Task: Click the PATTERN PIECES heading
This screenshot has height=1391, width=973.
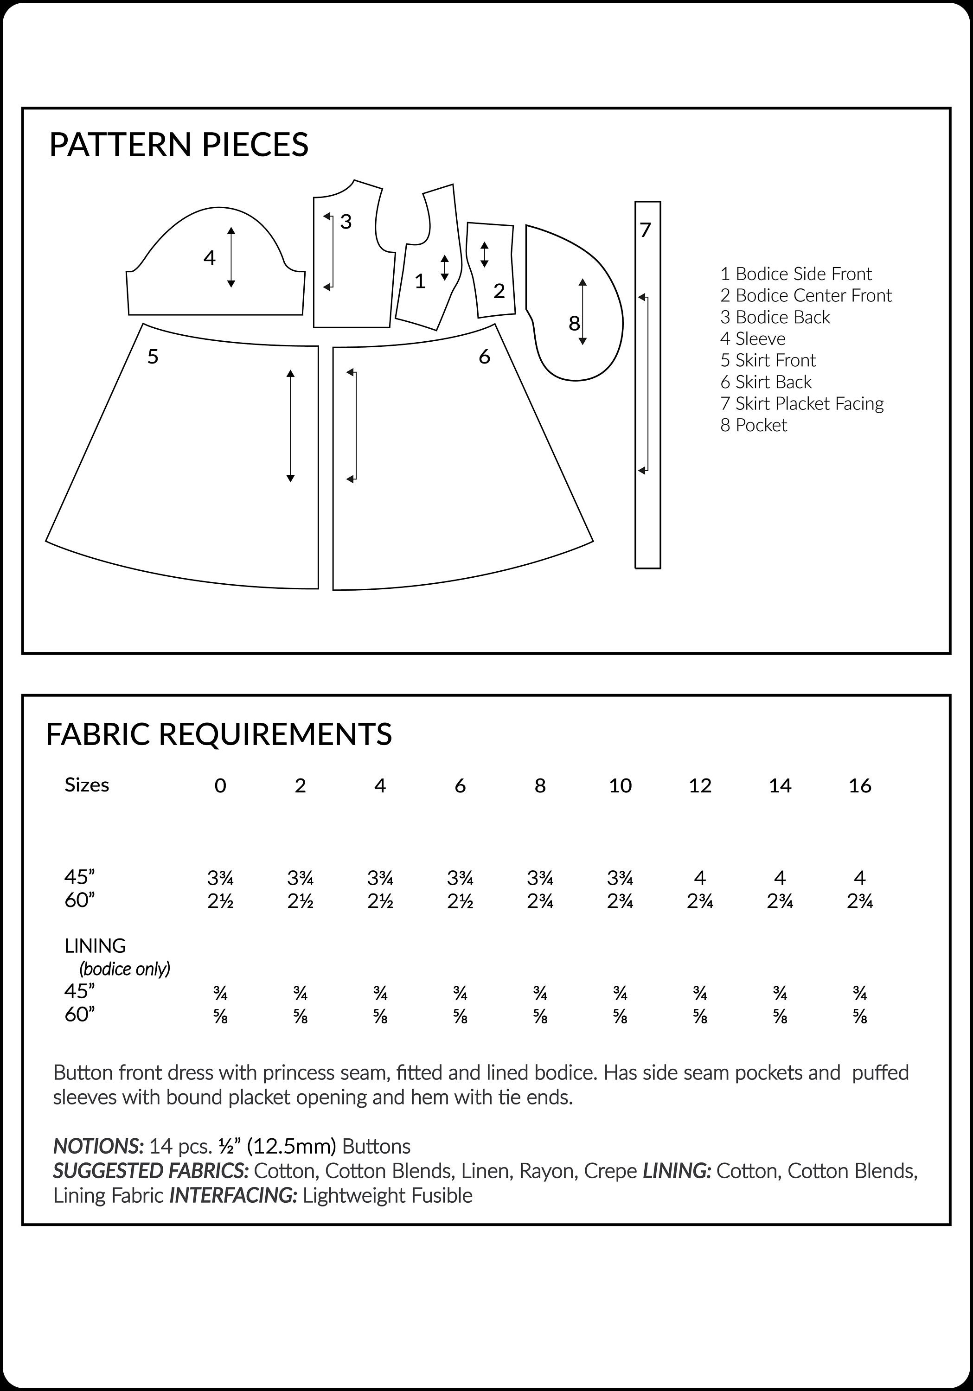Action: (179, 145)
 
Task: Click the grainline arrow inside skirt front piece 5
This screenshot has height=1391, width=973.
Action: (290, 426)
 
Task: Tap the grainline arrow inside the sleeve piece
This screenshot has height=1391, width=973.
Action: (231, 257)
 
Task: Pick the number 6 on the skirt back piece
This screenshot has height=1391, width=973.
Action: (484, 357)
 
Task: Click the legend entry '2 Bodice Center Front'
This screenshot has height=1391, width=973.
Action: (806, 296)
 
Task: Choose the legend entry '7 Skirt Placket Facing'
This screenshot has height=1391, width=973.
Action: (801, 403)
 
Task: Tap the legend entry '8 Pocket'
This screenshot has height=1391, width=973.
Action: (753, 425)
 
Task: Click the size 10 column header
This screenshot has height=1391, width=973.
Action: (620, 786)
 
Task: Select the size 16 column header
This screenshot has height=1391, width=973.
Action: (860, 786)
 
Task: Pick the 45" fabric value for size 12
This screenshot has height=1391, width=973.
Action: (700, 877)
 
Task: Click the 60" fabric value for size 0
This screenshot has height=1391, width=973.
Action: (221, 901)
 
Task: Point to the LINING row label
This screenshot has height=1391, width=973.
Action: (95, 946)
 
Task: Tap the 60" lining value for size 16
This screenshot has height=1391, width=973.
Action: (860, 1018)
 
